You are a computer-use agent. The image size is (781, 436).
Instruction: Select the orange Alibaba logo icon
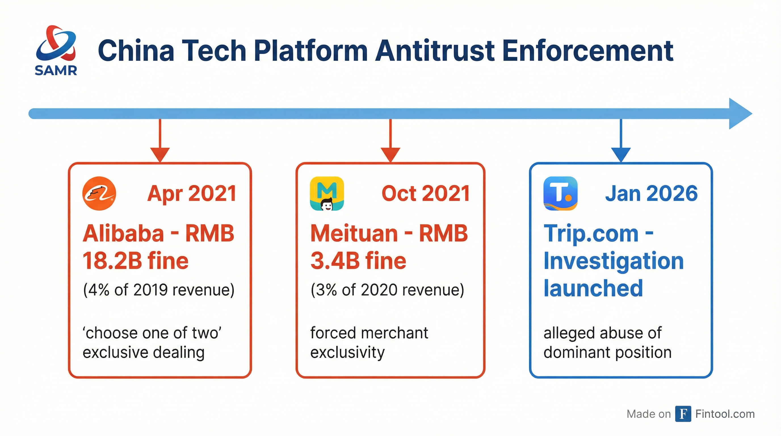99,193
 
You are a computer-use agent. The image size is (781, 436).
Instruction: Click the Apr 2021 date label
192,193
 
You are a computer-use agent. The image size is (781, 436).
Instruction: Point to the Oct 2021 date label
425,193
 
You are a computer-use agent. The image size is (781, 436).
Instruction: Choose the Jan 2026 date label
652,193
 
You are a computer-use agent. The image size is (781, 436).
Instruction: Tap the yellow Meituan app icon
327,193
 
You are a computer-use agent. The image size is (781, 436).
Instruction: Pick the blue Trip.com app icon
560,193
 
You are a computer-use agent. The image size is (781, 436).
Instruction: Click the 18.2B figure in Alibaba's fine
112,261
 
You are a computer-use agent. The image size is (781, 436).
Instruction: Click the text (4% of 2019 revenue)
159,290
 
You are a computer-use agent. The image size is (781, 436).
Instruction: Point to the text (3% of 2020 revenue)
387,290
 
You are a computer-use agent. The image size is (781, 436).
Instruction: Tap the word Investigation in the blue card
614,261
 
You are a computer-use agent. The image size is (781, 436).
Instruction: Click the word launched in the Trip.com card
593,288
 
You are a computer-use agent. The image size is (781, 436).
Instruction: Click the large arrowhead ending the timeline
740,114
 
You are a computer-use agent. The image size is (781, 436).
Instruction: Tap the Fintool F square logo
683,414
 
